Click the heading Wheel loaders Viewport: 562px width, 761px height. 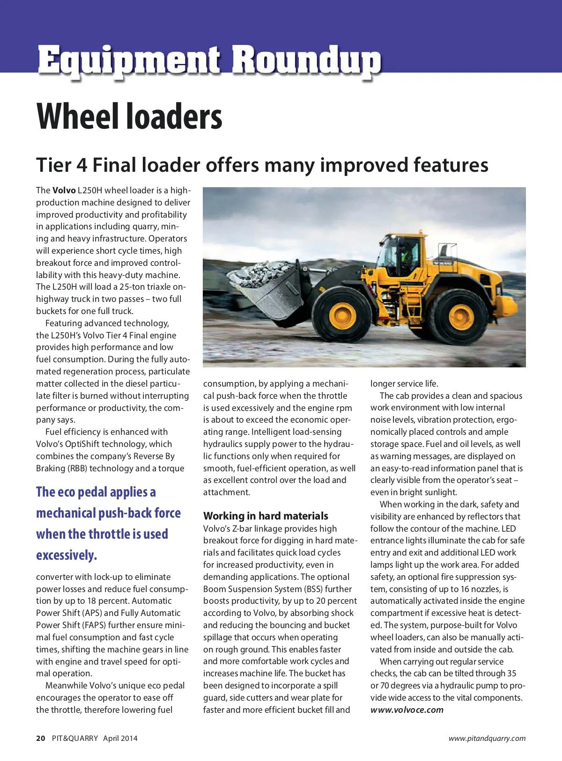pos(129,117)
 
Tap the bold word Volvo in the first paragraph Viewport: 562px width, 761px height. pos(64,190)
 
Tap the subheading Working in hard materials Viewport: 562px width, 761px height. pos(266,516)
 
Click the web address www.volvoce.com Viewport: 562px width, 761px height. pos(407,710)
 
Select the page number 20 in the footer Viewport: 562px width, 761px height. pos(41,739)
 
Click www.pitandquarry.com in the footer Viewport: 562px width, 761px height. pos(487,739)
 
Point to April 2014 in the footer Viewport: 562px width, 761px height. pos(120,739)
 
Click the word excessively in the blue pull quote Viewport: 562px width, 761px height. pos(67,556)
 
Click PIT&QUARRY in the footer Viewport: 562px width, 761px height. pos(75,739)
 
